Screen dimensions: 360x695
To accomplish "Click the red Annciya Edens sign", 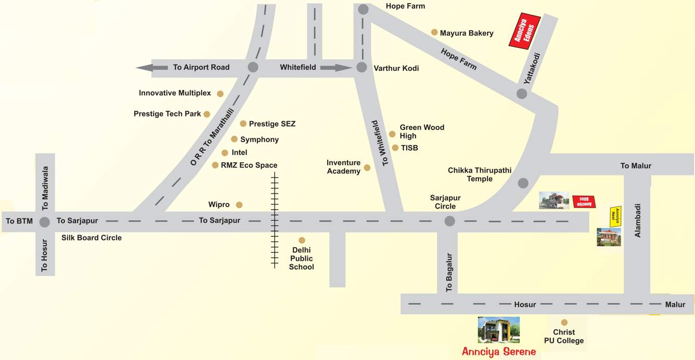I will pyautogui.click(x=524, y=31).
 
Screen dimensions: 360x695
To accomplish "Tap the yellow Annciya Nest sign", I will pyautogui.click(x=615, y=216).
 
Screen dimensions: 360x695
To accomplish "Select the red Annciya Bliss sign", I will pyautogui.click(x=584, y=202).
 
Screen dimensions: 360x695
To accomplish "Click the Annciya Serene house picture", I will pyautogui.click(x=498, y=330).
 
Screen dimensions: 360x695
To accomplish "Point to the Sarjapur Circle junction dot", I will pyautogui.click(x=449, y=221).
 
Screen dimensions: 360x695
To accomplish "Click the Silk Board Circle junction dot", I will pyautogui.click(x=45, y=222).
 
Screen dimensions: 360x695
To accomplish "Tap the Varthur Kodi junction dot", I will pyautogui.click(x=362, y=68).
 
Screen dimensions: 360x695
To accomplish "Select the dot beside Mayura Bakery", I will pyautogui.click(x=434, y=32).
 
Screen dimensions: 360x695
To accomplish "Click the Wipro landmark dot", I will pyautogui.click(x=239, y=205).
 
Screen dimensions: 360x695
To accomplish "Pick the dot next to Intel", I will pyautogui.click(x=225, y=153).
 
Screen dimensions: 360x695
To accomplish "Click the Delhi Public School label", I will pyautogui.click(x=302, y=259).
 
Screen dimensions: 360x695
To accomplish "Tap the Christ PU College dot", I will pyautogui.click(x=564, y=323).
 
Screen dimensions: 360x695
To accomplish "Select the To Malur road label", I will pyautogui.click(x=636, y=166).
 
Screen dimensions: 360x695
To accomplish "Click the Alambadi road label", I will pyautogui.click(x=638, y=220).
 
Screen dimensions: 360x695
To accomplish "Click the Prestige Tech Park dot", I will pyautogui.click(x=207, y=114).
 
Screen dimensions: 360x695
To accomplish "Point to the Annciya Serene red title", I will pyautogui.click(x=498, y=352).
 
